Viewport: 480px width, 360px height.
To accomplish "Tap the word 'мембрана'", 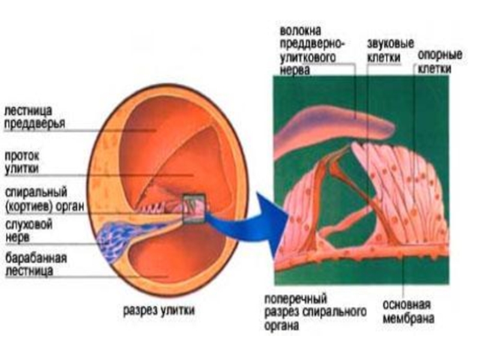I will [408, 319].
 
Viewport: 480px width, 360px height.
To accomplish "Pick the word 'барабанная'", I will [36, 258].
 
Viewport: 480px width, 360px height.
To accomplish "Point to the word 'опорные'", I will [440, 55].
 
